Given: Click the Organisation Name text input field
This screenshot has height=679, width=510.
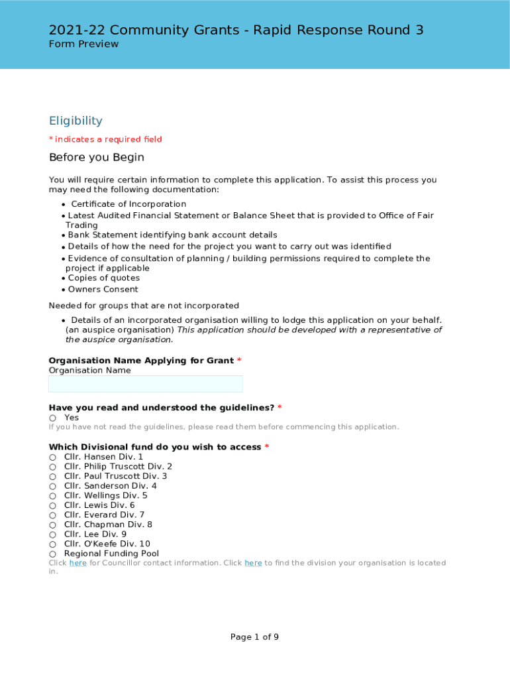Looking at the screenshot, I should coord(145,384).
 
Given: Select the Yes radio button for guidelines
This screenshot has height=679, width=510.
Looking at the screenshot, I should coord(52,418).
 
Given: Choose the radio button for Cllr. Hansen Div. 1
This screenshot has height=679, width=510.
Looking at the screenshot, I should coord(52,458).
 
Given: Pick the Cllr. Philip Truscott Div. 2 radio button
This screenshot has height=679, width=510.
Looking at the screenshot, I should coord(52,467).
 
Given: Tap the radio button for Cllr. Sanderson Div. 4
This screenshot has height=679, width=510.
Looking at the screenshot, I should coord(52,486).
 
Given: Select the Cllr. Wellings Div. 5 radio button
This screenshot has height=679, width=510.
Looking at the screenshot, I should coord(52,496).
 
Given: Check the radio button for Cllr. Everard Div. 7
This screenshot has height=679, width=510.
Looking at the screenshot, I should coord(52,515).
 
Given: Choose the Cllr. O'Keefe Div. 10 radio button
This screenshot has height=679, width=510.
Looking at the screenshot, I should coord(52,544).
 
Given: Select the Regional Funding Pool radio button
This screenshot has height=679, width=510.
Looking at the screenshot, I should coord(52,554).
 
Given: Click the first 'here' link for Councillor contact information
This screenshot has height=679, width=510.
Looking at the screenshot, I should coord(77,563).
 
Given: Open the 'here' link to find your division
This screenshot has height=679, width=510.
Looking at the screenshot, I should coord(253,563).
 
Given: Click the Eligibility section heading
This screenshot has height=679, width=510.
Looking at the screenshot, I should coord(76,121).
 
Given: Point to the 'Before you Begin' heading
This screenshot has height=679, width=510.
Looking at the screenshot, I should coord(96,158).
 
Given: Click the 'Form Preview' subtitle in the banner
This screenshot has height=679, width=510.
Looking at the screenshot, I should coord(83,44).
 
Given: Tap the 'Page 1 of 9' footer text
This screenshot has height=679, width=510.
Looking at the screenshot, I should coord(254,637).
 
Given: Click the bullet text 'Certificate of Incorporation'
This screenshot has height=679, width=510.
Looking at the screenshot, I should coord(128,204).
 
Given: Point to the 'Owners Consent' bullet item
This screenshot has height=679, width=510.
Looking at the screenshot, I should coord(103,289).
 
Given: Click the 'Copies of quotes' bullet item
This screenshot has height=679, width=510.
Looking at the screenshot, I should coord(103,278).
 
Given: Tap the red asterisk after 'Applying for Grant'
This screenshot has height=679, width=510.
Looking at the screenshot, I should coord(239,361).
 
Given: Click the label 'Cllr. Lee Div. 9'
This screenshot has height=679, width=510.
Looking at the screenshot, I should coord(95,534).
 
